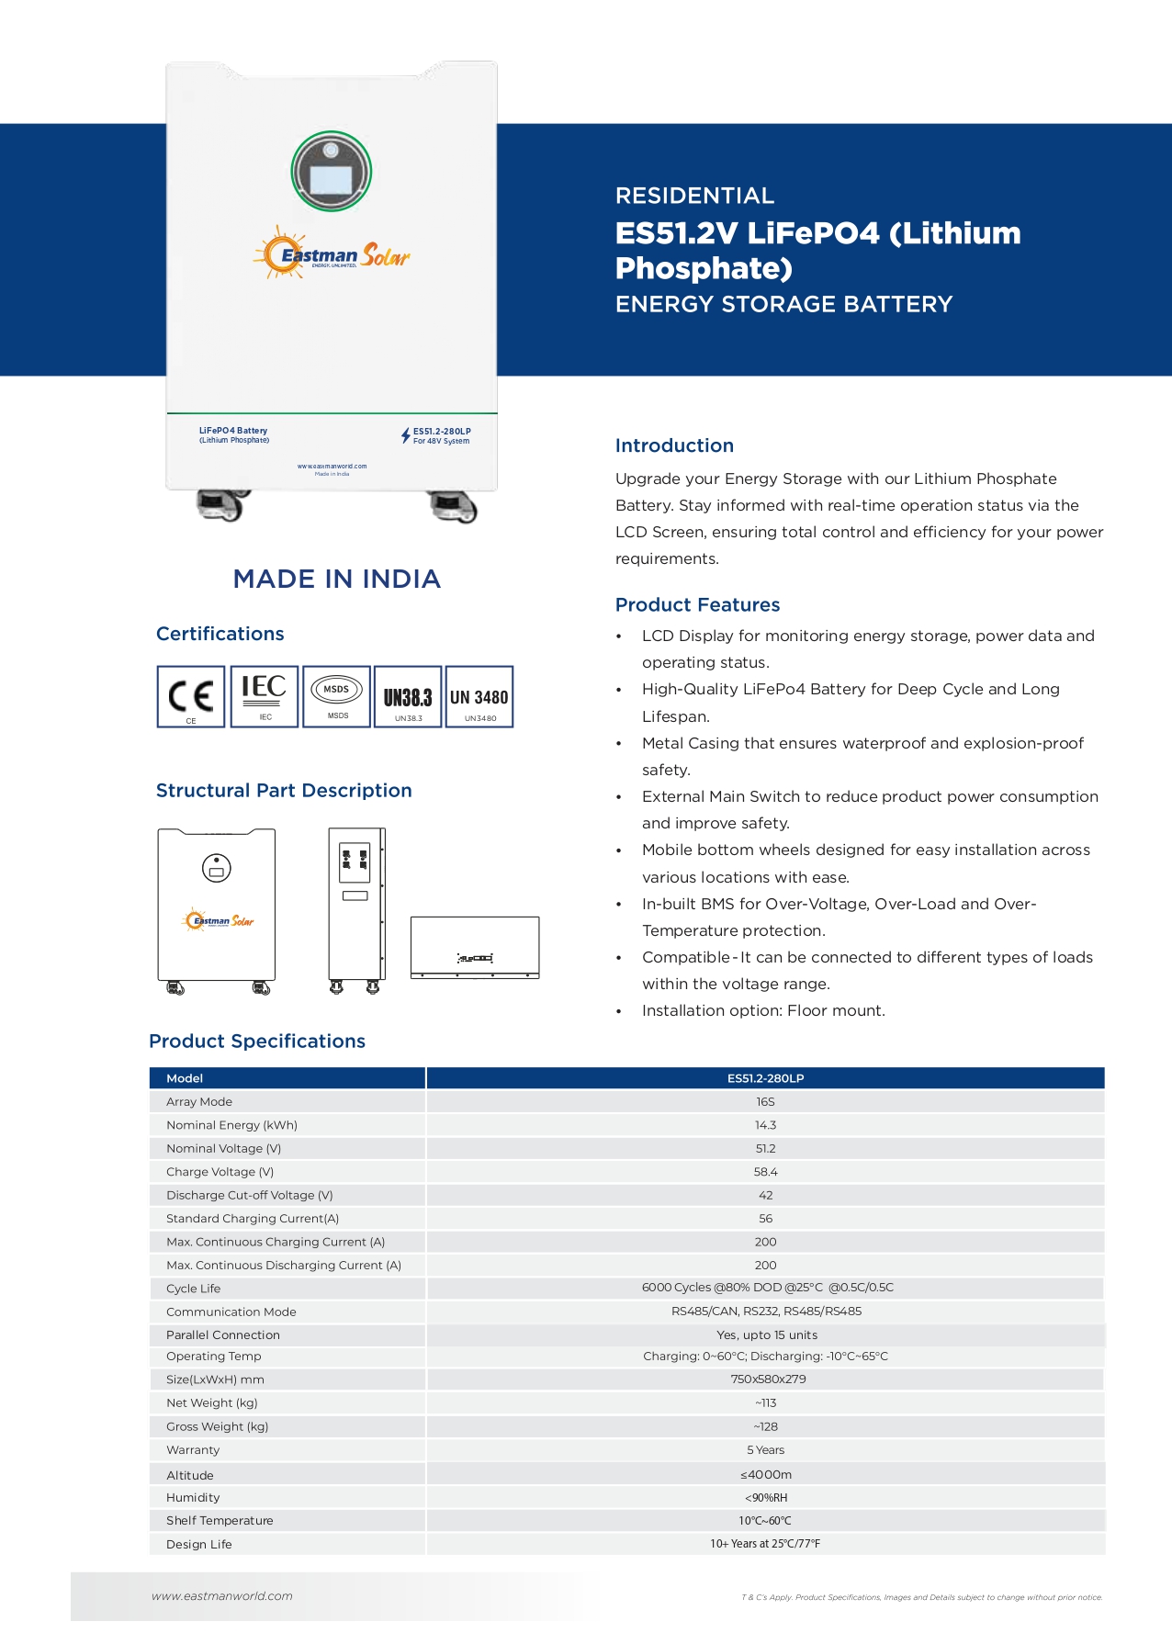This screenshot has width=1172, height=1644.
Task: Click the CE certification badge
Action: [x=191, y=697]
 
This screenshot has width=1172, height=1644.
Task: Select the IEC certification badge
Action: [x=265, y=697]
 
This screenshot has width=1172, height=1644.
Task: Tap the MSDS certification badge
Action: [x=337, y=697]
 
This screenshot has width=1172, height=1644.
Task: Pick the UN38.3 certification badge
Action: [x=408, y=697]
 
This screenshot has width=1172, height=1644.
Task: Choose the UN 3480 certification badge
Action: [x=479, y=697]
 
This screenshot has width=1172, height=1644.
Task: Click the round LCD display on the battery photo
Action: [x=332, y=172]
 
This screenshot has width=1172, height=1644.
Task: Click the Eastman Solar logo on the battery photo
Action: [x=332, y=254]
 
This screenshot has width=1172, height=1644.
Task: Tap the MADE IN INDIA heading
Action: [x=337, y=579]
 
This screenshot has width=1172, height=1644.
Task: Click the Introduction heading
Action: [x=674, y=445]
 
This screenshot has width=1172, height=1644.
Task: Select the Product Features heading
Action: [x=697, y=604]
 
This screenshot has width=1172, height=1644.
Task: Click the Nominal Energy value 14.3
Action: [x=765, y=1125]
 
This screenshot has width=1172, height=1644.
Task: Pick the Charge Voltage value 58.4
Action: [x=765, y=1172]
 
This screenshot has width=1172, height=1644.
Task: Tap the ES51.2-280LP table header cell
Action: [x=765, y=1078]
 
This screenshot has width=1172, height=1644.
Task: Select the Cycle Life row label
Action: [x=194, y=1289]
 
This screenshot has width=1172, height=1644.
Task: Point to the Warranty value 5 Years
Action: [x=765, y=1450]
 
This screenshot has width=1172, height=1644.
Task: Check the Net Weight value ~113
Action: [x=765, y=1403]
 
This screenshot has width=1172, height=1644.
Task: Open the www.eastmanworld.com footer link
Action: [x=222, y=1596]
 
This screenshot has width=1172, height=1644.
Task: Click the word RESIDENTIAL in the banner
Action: [x=694, y=196]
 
